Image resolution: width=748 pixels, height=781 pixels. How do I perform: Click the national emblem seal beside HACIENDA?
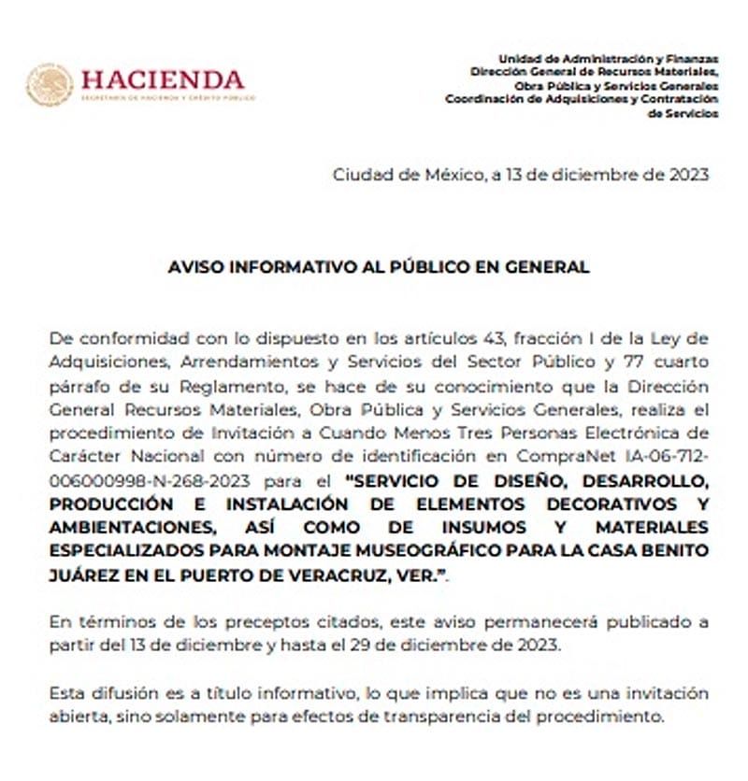50,84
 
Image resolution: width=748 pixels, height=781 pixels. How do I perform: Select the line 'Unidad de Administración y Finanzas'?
609,58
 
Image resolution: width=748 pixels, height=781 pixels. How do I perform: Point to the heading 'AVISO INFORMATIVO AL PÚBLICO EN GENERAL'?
379,266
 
